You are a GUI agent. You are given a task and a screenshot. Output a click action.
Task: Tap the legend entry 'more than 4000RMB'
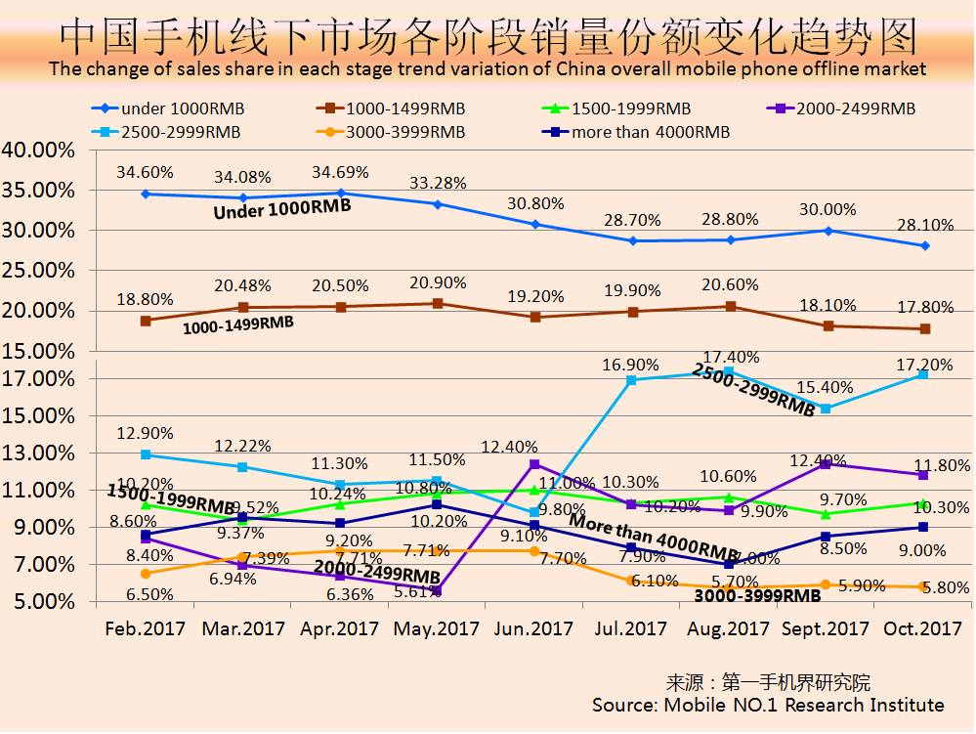(636, 132)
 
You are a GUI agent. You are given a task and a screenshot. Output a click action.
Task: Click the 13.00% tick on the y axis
(38, 453)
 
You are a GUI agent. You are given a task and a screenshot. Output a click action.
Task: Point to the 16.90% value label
(631, 365)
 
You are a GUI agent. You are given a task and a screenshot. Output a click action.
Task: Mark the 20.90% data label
(438, 281)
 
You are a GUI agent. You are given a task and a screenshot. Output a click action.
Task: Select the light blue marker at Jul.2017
(632, 380)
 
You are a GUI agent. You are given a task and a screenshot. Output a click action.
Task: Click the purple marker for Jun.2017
(534, 464)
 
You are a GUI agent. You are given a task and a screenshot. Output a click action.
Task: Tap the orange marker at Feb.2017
(146, 574)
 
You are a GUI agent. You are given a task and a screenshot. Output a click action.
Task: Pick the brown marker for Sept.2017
(828, 325)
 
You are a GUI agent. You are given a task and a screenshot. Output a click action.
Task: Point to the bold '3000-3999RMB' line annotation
(757, 594)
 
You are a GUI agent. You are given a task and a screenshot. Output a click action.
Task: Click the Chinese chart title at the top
(488, 36)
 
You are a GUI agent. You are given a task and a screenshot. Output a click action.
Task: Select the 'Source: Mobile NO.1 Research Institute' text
(768, 705)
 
